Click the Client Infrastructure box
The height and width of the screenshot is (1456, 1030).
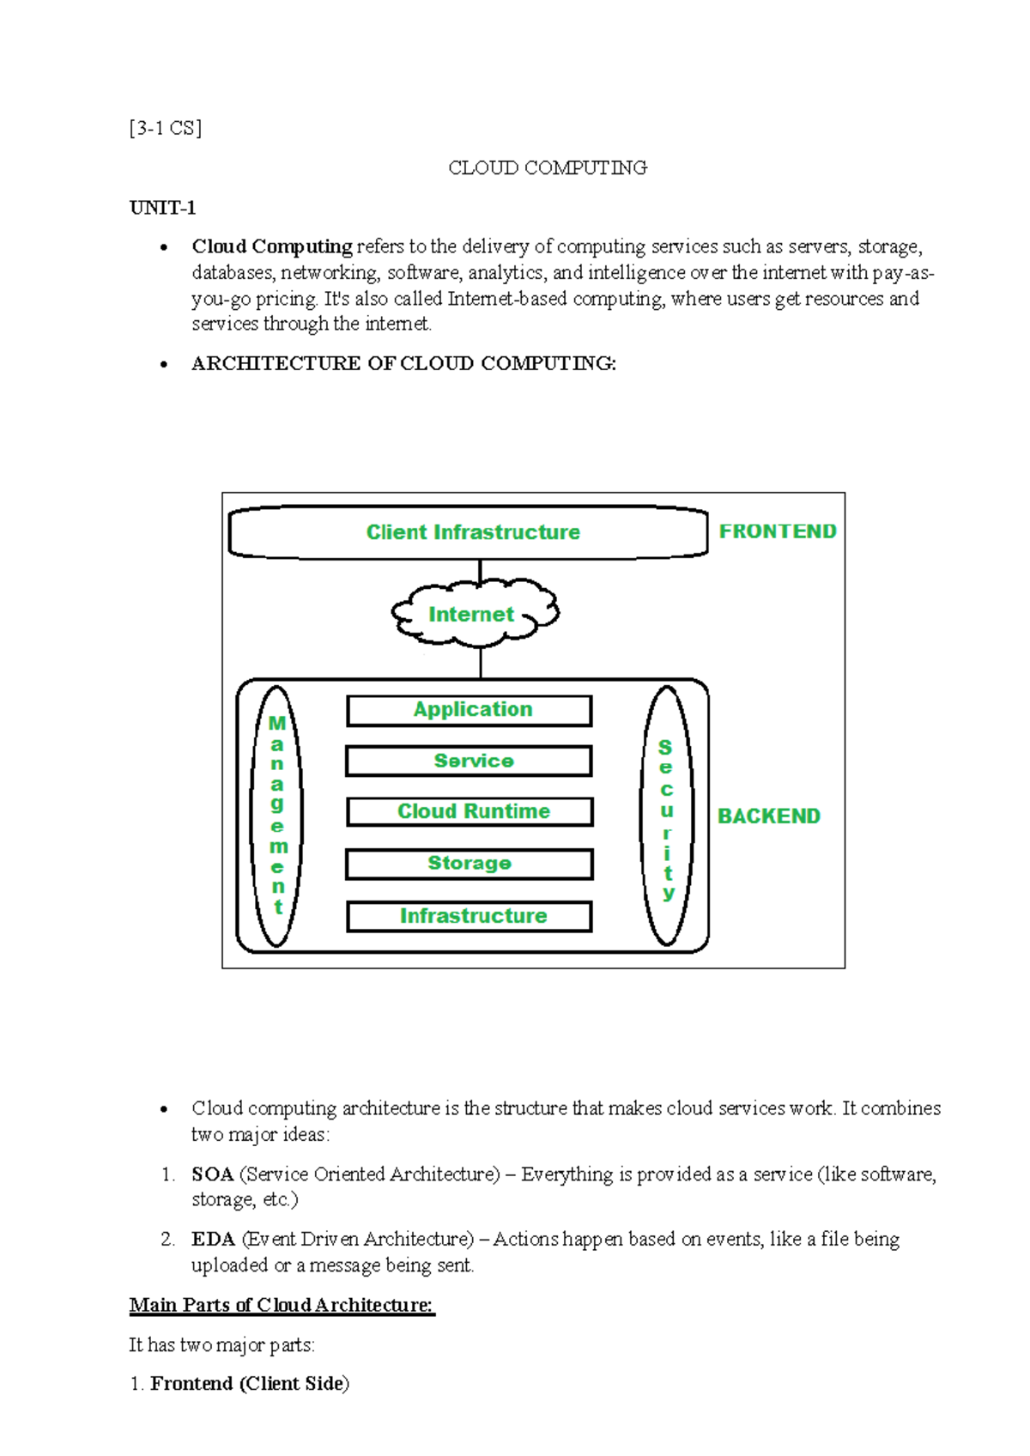(469, 532)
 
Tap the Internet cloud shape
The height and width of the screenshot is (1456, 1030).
(474, 614)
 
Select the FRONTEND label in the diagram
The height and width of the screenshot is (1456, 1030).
(778, 531)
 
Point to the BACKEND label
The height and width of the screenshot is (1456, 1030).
(769, 816)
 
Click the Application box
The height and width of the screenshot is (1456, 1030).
(470, 711)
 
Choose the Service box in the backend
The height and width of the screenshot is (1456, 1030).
(470, 761)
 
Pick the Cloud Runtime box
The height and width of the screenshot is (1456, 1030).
(470, 812)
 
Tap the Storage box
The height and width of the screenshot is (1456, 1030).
(470, 864)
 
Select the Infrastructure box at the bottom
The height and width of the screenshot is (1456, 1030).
(470, 916)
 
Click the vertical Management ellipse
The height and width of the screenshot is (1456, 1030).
(276, 816)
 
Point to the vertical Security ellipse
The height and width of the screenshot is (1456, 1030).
(667, 816)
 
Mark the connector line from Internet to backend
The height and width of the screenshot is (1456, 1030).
(481, 662)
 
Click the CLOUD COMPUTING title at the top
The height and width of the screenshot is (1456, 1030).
(548, 168)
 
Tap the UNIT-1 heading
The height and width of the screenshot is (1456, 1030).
(162, 208)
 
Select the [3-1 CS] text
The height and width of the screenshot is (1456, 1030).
(166, 129)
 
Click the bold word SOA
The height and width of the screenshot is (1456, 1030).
(212, 1174)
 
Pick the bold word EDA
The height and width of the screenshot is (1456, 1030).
(213, 1239)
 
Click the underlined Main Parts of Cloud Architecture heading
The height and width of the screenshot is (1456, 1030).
(282, 1305)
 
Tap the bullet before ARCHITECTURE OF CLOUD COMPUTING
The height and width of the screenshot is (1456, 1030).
(163, 365)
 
